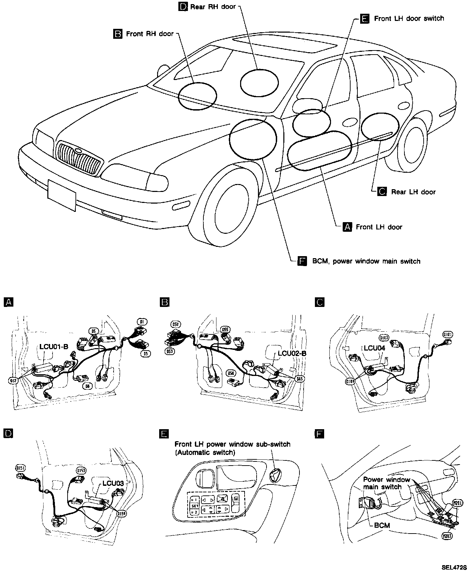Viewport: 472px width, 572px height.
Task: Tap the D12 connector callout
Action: [13, 381]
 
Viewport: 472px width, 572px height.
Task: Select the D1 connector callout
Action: [142, 321]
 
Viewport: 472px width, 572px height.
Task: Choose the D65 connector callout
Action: [300, 379]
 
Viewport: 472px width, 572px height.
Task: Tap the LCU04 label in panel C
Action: [375, 348]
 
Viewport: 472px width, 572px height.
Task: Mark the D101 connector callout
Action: [448, 334]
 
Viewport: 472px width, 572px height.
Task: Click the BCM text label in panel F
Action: [382, 525]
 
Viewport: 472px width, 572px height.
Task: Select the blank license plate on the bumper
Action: [61, 196]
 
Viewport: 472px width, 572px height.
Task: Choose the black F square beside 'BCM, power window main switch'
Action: [302, 261]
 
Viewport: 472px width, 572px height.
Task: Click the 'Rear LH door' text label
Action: [413, 192]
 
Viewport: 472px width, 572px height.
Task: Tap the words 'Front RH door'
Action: [150, 34]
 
